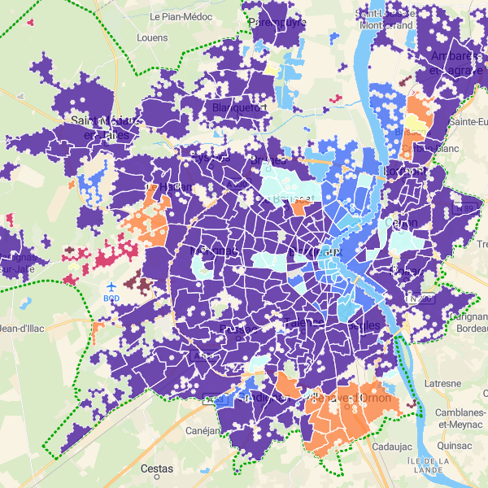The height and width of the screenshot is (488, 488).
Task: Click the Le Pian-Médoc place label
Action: click(x=181, y=16)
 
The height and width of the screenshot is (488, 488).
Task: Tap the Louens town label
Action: click(x=152, y=37)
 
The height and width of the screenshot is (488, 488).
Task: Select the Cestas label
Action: click(x=156, y=468)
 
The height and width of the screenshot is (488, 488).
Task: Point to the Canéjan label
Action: click(x=203, y=431)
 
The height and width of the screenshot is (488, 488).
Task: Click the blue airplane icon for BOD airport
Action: click(x=111, y=287)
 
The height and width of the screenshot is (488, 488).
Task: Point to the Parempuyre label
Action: click(x=277, y=22)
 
